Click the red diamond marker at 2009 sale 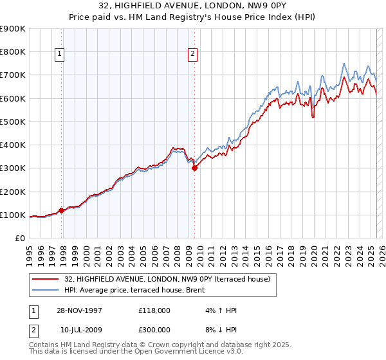click(194, 168)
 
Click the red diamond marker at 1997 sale click(62, 210)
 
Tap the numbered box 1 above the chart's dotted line click(59, 55)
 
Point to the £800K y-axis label click(13, 51)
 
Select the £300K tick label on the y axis click(13, 168)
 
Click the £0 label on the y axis click(20, 239)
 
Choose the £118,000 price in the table click(154, 310)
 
